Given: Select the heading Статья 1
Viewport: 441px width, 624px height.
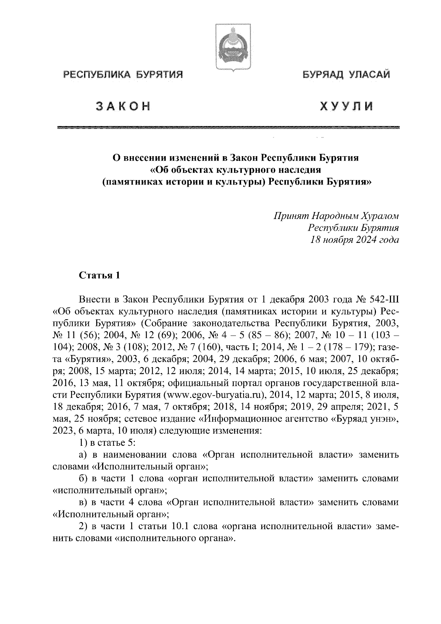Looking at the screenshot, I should coord(99,276).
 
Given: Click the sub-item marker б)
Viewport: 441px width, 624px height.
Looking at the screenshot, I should coord(83,478).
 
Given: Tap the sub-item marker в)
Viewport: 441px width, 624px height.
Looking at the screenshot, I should coord(83,502).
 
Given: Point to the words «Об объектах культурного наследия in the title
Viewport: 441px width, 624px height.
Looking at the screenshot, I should coord(235,170).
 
